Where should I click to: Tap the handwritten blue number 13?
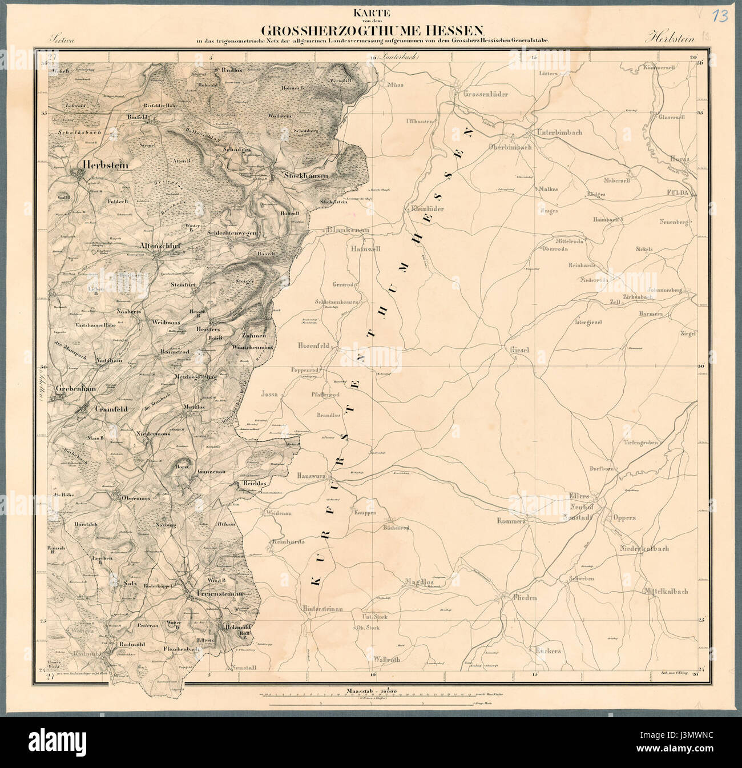click(x=721, y=15)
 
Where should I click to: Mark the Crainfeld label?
click(x=109, y=409)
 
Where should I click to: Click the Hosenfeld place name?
click(x=311, y=346)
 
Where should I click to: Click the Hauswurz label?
click(x=311, y=475)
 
